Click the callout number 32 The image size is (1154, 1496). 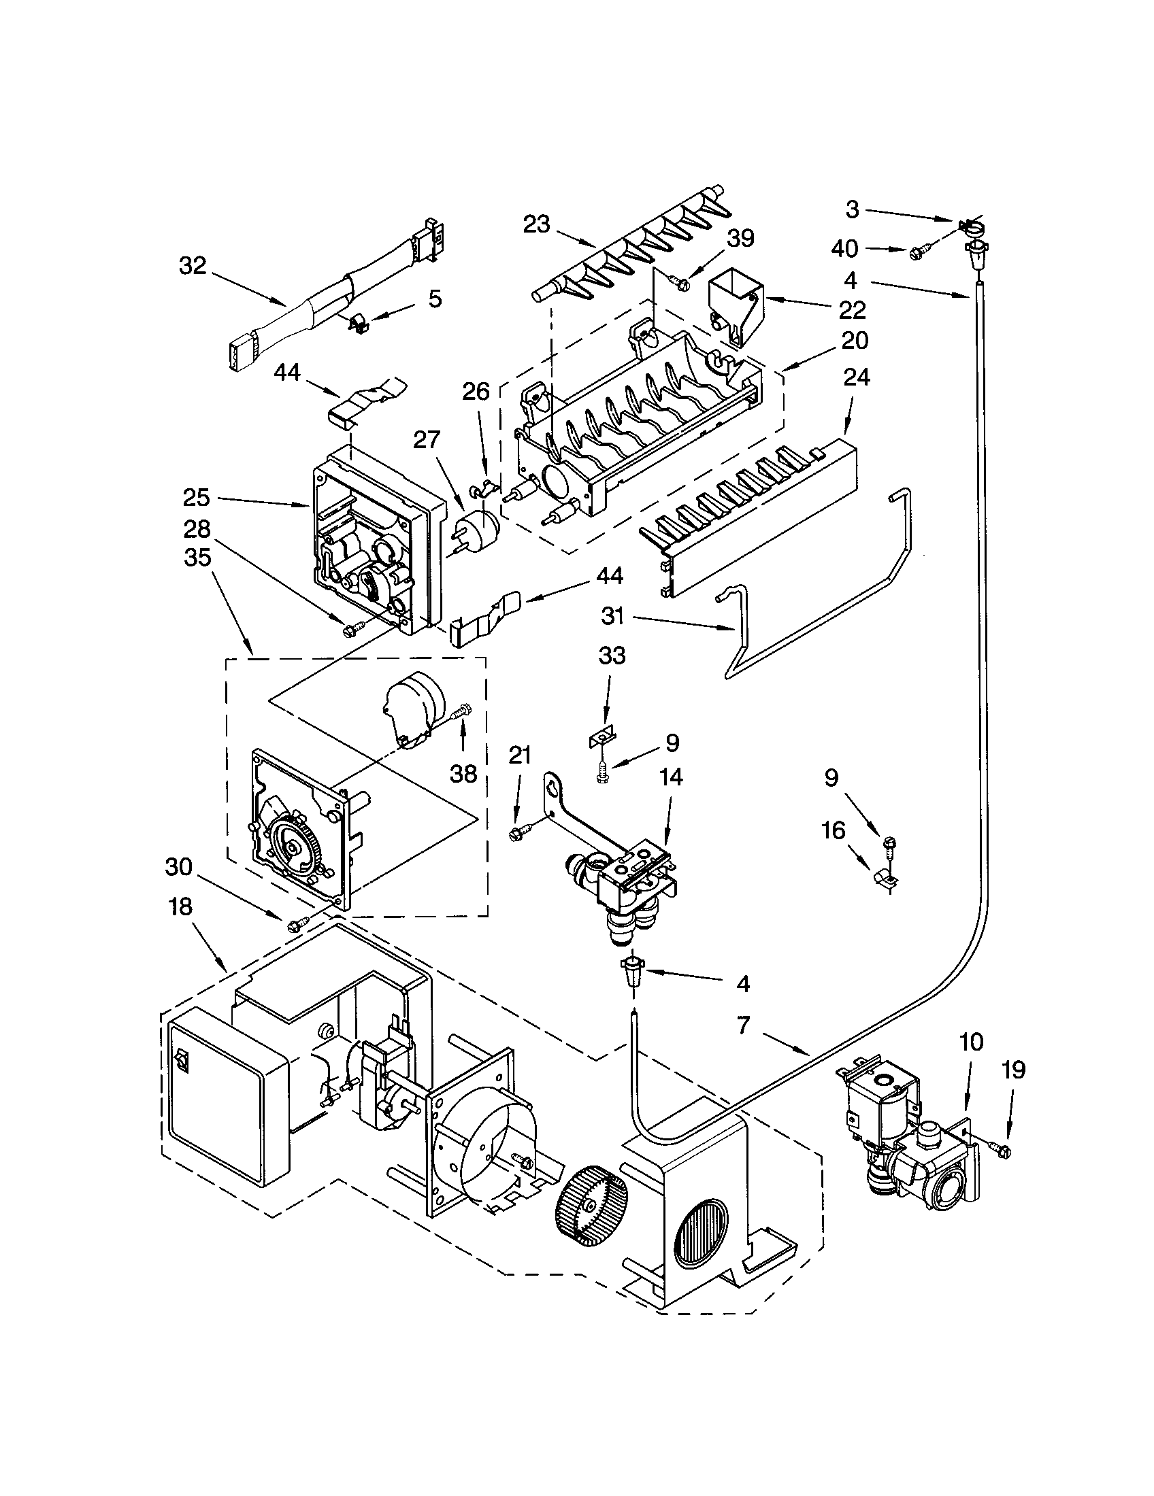tap(193, 266)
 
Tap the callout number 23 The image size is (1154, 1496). tap(537, 224)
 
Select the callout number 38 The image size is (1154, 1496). tap(463, 774)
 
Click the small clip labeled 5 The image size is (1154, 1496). tap(358, 324)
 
